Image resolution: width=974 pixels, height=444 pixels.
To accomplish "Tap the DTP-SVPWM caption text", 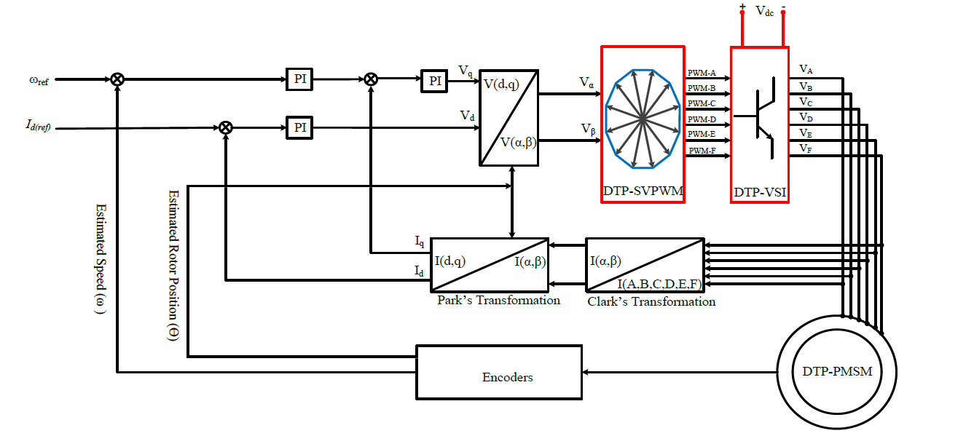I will [x=642, y=191].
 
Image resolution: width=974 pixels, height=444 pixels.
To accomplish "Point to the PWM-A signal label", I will [x=702, y=73].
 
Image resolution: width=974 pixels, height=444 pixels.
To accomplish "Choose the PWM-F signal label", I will [x=702, y=150].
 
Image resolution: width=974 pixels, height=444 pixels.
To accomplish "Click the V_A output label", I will [x=806, y=70].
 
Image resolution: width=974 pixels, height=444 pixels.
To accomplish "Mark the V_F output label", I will [x=806, y=148].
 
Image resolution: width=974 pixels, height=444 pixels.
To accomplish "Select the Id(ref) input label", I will [x=33, y=128].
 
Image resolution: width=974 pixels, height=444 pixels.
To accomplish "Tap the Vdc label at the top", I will [x=763, y=11].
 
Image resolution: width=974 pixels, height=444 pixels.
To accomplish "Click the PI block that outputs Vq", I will [x=435, y=80].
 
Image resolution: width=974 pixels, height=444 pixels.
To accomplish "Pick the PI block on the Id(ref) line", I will [x=299, y=127].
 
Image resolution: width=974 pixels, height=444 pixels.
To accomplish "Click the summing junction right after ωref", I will [x=117, y=79].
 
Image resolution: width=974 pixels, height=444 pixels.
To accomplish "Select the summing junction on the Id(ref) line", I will [x=226, y=128].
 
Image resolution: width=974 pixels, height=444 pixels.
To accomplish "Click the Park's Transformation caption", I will [x=498, y=300].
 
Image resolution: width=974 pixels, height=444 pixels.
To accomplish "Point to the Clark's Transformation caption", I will [x=651, y=301].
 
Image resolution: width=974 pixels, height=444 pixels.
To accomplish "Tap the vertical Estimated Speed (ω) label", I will [x=100, y=259].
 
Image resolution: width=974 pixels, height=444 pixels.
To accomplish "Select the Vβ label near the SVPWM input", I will [x=588, y=129].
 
